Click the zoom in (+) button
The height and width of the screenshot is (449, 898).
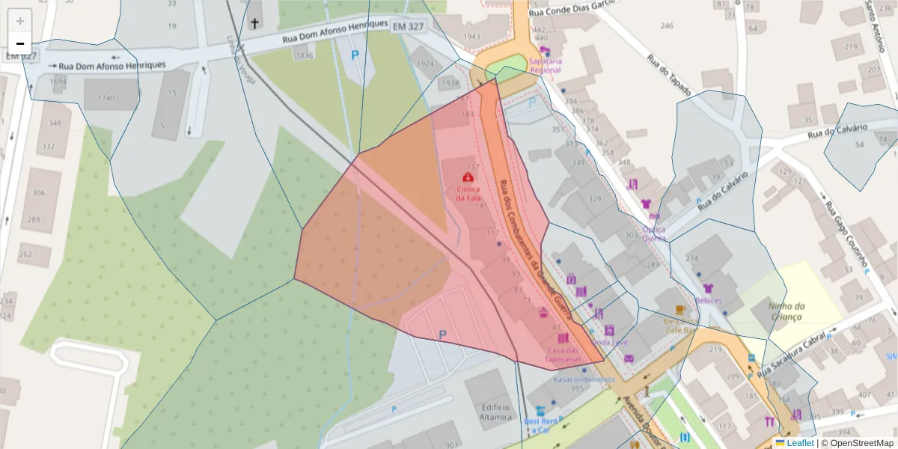tap(20, 21)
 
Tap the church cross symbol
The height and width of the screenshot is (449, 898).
tap(254, 23)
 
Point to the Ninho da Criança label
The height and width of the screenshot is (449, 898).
tap(785, 311)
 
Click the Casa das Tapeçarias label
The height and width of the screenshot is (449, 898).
tap(563, 355)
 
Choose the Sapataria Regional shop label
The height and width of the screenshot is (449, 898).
tap(544, 65)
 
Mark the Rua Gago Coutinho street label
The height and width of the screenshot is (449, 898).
tap(846, 231)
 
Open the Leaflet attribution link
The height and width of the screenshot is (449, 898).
tap(800, 443)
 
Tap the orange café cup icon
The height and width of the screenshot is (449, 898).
tap(679, 309)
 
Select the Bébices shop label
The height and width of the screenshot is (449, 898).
tap(708, 301)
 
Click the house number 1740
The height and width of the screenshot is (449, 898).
tap(106, 98)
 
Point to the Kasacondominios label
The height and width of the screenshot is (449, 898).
tap(578, 379)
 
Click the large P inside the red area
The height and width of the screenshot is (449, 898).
tap(442, 336)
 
